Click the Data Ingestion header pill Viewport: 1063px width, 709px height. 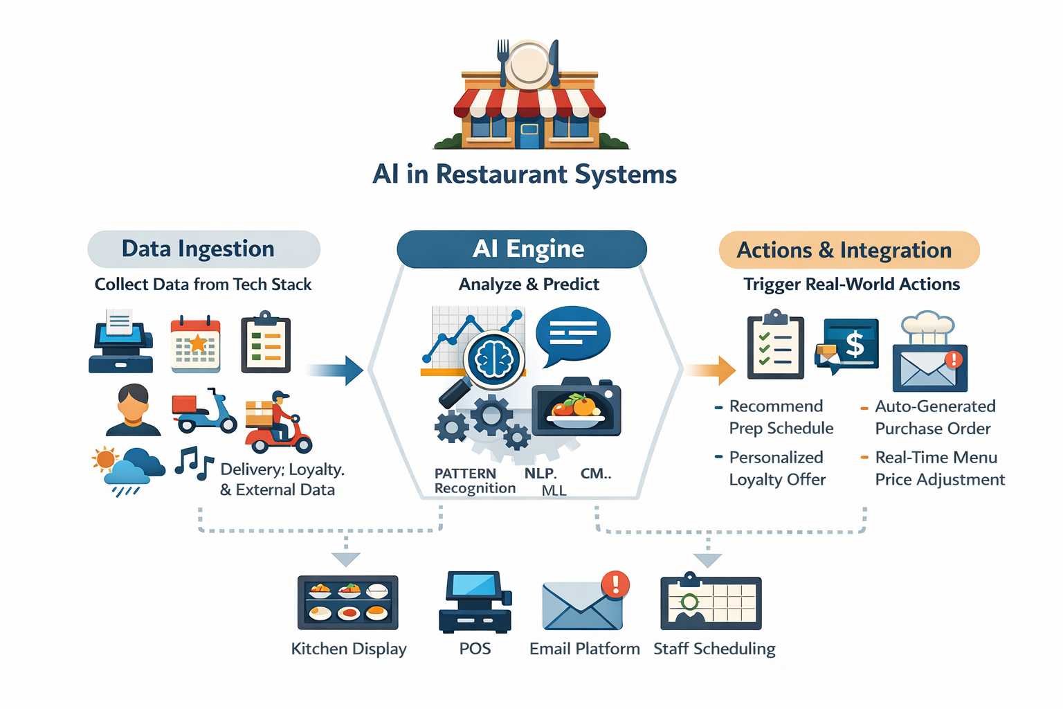[203, 249]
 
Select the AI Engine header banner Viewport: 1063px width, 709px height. [522, 249]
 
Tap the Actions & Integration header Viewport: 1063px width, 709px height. [848, 250]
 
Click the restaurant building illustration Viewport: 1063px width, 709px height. [530, 97]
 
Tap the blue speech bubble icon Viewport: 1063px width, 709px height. [572, 336]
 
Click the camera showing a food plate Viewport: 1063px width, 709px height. [576, 409]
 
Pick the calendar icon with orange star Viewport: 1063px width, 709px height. [196, 344]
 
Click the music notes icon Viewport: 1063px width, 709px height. [193, 463]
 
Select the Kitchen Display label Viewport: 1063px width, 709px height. [348, 649]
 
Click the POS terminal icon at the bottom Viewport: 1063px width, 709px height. [475, 602]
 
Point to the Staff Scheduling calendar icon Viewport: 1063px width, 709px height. [711, 602]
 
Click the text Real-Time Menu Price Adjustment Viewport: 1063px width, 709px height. [938, 469]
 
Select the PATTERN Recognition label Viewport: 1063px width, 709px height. [474, 481]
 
